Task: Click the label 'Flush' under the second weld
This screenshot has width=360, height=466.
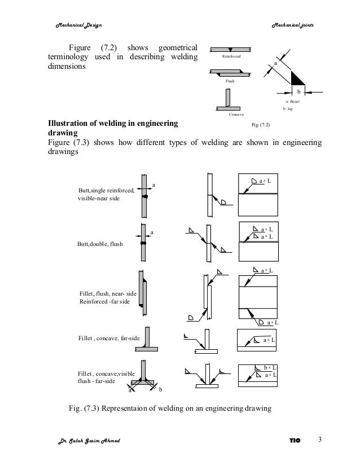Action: (230, 81)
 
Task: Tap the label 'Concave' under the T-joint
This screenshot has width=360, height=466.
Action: (235, 115)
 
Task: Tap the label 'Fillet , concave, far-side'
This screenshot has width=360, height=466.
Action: (108, 338)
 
